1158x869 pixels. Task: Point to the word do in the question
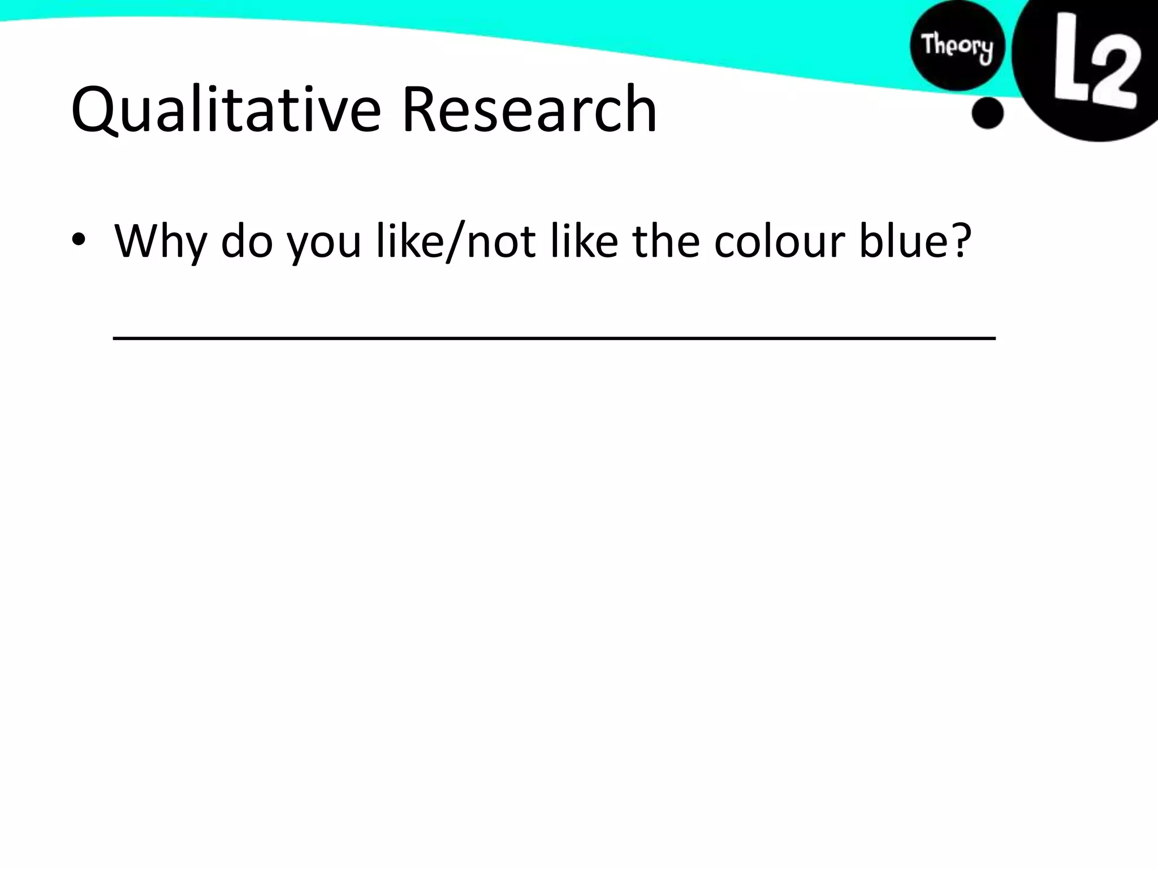click(247, 241)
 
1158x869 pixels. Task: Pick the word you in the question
click(323, 243)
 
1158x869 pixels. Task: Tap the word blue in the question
click(896, 241)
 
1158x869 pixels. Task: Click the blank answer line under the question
click(554, 337)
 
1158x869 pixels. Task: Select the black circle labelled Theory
click(957, 48)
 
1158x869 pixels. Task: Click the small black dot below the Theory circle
click(987, 113)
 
